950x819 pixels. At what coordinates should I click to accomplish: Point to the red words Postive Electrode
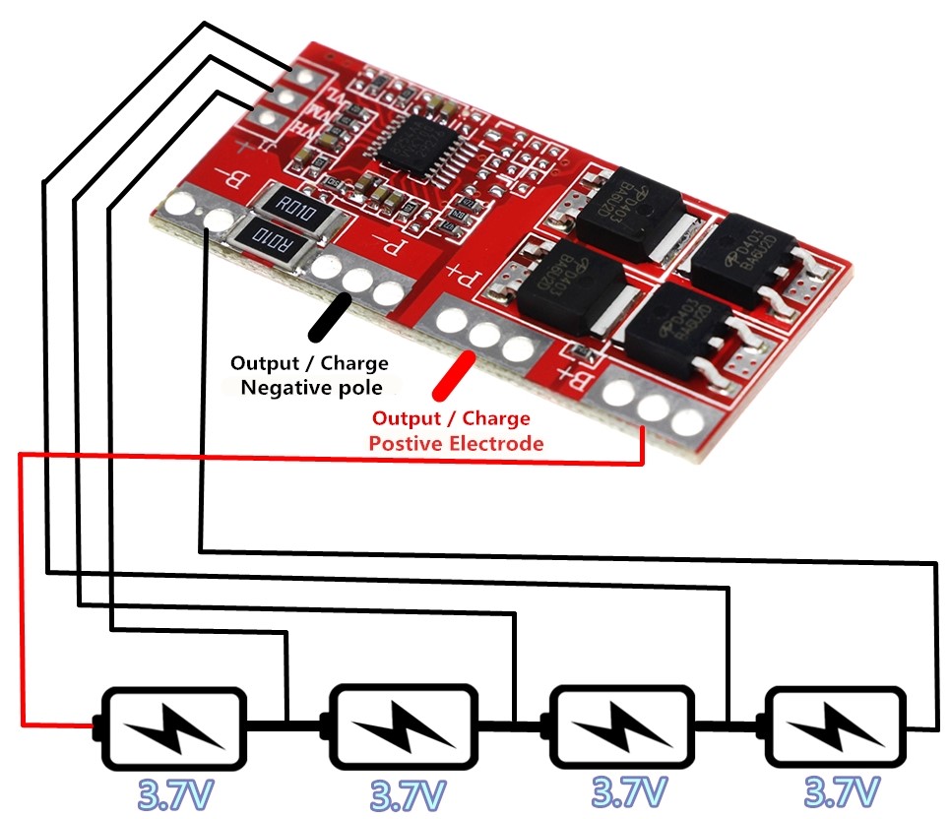456,443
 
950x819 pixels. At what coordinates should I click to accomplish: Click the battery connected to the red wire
173,726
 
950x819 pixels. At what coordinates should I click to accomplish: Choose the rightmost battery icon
836,726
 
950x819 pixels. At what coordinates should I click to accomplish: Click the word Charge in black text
346,363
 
